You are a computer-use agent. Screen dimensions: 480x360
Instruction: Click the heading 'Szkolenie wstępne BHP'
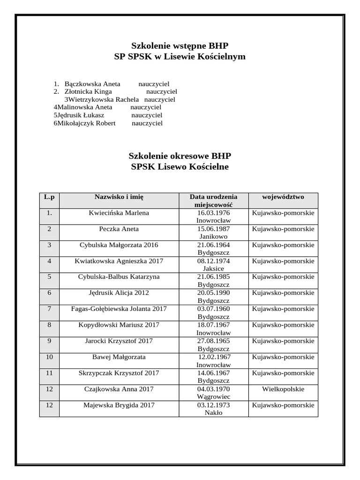(x=180, y=45)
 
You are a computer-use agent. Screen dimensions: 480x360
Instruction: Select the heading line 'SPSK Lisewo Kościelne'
(x=180, y=167)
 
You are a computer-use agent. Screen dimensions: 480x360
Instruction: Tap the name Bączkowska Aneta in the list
(x=92, y=83)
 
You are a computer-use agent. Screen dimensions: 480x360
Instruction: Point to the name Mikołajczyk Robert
(x=86, y=123)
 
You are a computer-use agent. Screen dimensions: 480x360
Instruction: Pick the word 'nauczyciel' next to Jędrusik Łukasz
(x=147, y=115)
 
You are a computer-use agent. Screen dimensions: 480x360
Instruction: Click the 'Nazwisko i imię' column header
(x=119, y=197)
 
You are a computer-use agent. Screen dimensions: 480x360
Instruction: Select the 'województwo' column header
(x=283, y=197)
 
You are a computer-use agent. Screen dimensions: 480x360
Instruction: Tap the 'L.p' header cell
(x=49, y=197)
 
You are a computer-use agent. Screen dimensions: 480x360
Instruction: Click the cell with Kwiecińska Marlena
(x=119, y=213)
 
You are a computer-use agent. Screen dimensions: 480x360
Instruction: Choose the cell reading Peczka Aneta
(x=119, y=229)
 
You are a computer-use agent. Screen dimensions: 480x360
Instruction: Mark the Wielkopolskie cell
(x=283, y=389)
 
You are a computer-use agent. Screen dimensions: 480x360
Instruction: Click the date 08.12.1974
(x=213, y=261)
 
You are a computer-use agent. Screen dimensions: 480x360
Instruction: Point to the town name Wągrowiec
(x=213, y=397)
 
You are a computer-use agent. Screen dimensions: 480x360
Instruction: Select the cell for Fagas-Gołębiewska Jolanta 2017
(x=119, y=309)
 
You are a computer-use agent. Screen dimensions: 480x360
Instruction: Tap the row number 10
(x=49, y=357)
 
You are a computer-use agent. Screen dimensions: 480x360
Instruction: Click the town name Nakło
(x=213, y=413)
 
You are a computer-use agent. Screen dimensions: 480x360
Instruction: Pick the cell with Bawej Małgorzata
(x=119, y=357)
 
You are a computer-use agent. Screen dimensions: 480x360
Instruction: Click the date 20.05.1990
(x=213, y=293)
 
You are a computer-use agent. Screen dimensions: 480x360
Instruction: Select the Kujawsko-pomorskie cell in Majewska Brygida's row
(x=283, y=405)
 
